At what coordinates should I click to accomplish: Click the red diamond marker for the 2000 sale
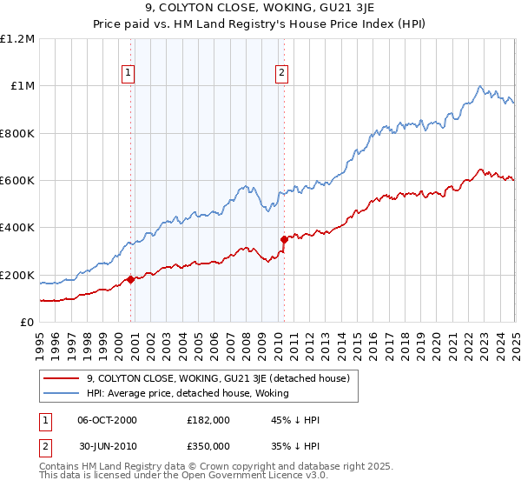click(x=131, y=279)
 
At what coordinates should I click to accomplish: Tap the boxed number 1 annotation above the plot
click(x=128, y=74)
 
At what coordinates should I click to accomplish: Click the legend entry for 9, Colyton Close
click(x=218, y=378)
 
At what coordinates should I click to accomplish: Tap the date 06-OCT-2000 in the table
click(x=108, y=419)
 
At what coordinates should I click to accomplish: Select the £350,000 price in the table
click(x=208, y=445)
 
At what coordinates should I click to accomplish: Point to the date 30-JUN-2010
click(x=108, y=445)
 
